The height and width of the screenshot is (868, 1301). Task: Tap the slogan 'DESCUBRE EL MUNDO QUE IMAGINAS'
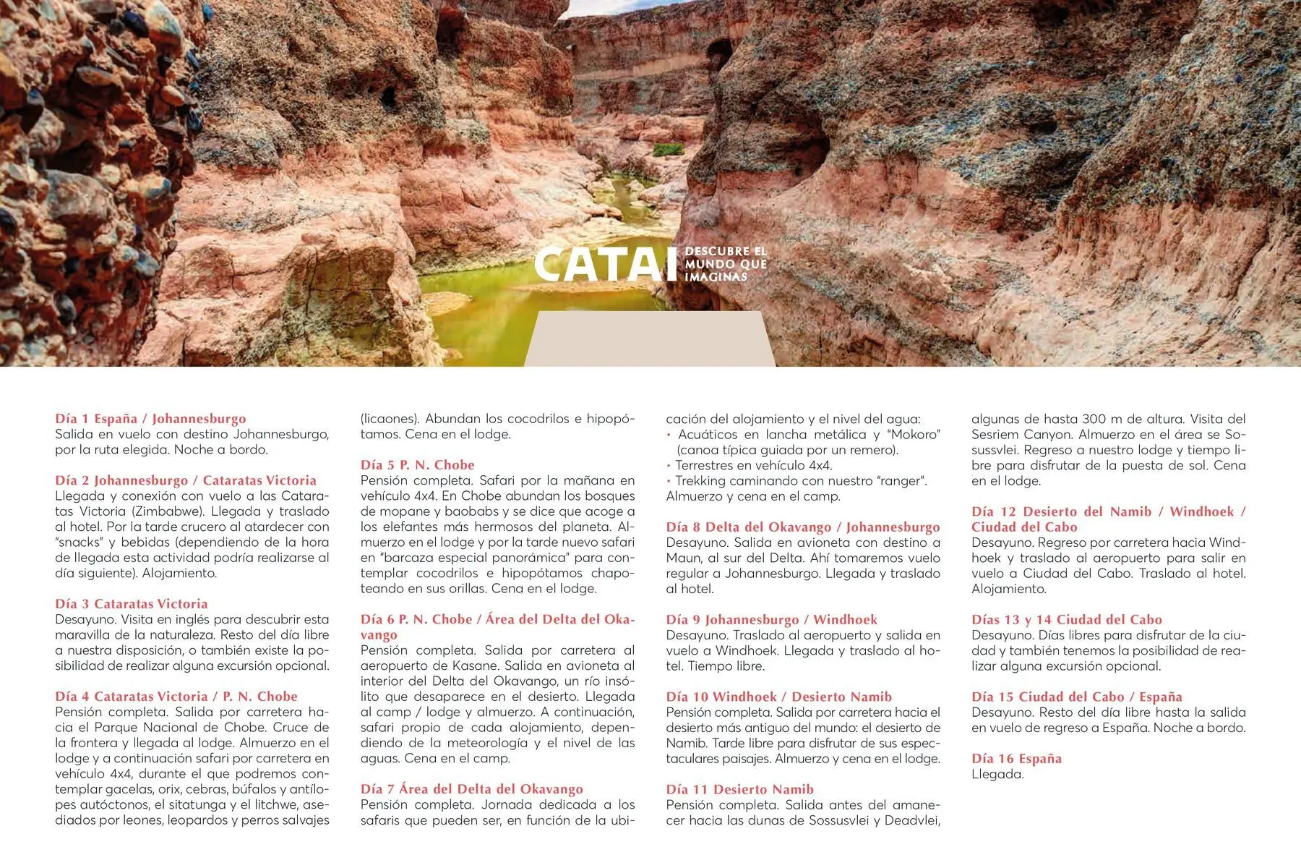725,264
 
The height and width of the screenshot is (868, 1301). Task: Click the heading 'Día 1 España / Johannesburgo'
150,419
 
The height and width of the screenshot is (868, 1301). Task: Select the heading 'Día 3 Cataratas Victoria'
132,604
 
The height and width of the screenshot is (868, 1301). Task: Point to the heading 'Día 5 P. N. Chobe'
418,465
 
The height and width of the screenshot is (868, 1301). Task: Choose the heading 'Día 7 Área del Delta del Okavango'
471,789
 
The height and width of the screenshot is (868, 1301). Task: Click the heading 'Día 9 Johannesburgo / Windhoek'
771,620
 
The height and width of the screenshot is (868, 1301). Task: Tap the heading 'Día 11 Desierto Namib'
739,789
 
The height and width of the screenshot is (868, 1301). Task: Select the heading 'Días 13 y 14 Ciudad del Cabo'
1066,620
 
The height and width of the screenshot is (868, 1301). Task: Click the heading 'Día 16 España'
1016,759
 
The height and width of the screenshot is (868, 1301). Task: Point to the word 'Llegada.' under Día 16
997,775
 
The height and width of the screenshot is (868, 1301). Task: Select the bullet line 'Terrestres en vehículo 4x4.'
753,466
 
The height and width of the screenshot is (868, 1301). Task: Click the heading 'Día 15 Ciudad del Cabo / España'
1076,697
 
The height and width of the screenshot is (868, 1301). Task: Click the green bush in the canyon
668,150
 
